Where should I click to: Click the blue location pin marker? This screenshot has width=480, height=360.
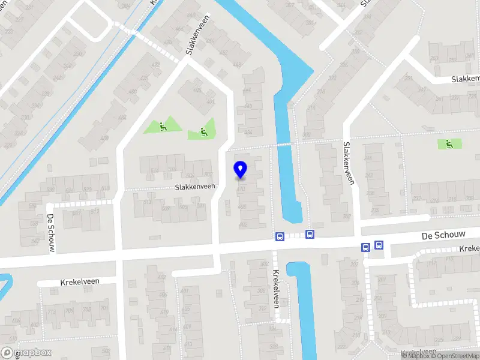point(241,170)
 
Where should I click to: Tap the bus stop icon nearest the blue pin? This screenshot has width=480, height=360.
point(280,236)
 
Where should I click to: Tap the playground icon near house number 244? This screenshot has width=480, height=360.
point(449,143)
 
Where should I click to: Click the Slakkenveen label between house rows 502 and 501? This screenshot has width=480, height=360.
point(195,187)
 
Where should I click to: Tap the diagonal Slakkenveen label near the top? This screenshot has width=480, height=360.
point(200,35)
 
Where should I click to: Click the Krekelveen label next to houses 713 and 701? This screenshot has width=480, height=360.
point(80,281)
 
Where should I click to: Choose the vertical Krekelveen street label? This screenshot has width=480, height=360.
point(277,289)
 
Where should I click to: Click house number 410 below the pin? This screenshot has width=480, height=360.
point(242,188)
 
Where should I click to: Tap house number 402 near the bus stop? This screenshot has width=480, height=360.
point(243,224)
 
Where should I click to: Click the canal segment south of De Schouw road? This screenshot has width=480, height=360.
point(304,306)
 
